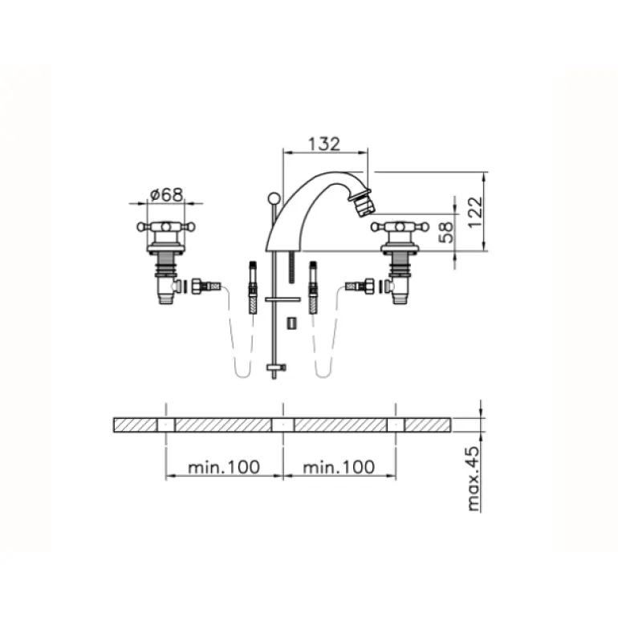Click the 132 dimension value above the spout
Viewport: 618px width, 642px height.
click(x=324, y=144)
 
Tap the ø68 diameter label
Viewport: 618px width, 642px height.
click(x=166, y=194)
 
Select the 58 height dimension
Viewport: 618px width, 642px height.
click(x=447, y=232)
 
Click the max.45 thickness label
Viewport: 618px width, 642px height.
click(x=474, y=480)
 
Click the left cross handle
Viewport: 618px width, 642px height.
click(x=166, y=228)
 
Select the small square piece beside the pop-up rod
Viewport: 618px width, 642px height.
click(x=293, y=322)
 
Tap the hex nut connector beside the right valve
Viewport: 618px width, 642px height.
click(x=369, y=285)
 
